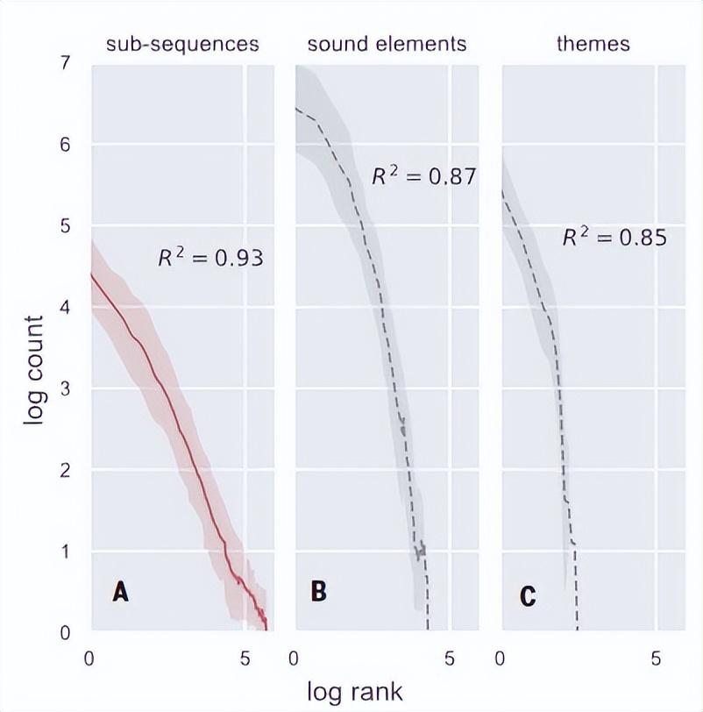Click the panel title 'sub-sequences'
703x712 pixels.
tap(182, 44)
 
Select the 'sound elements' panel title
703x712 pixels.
tap(387, 44)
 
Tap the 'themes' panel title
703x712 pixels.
tap(593, 44)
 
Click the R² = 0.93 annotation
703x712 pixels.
tap(210, 259)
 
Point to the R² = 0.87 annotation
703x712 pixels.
tap(423, 176)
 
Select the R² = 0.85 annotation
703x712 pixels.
tap(614, 237)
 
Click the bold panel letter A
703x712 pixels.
tap(120, 593)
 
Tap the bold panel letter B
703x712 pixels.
tap(319, 592)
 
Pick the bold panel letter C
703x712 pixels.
tap(527, 596)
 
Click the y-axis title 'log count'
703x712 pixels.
tap(33, 371)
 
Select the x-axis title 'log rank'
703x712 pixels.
tap(355, 691)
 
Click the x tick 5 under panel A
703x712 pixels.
tap(245, 658)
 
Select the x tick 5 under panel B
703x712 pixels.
tap(450, 658)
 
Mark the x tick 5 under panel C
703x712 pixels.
tap(657, 658)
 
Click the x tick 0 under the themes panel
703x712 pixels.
tap(501, 658)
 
